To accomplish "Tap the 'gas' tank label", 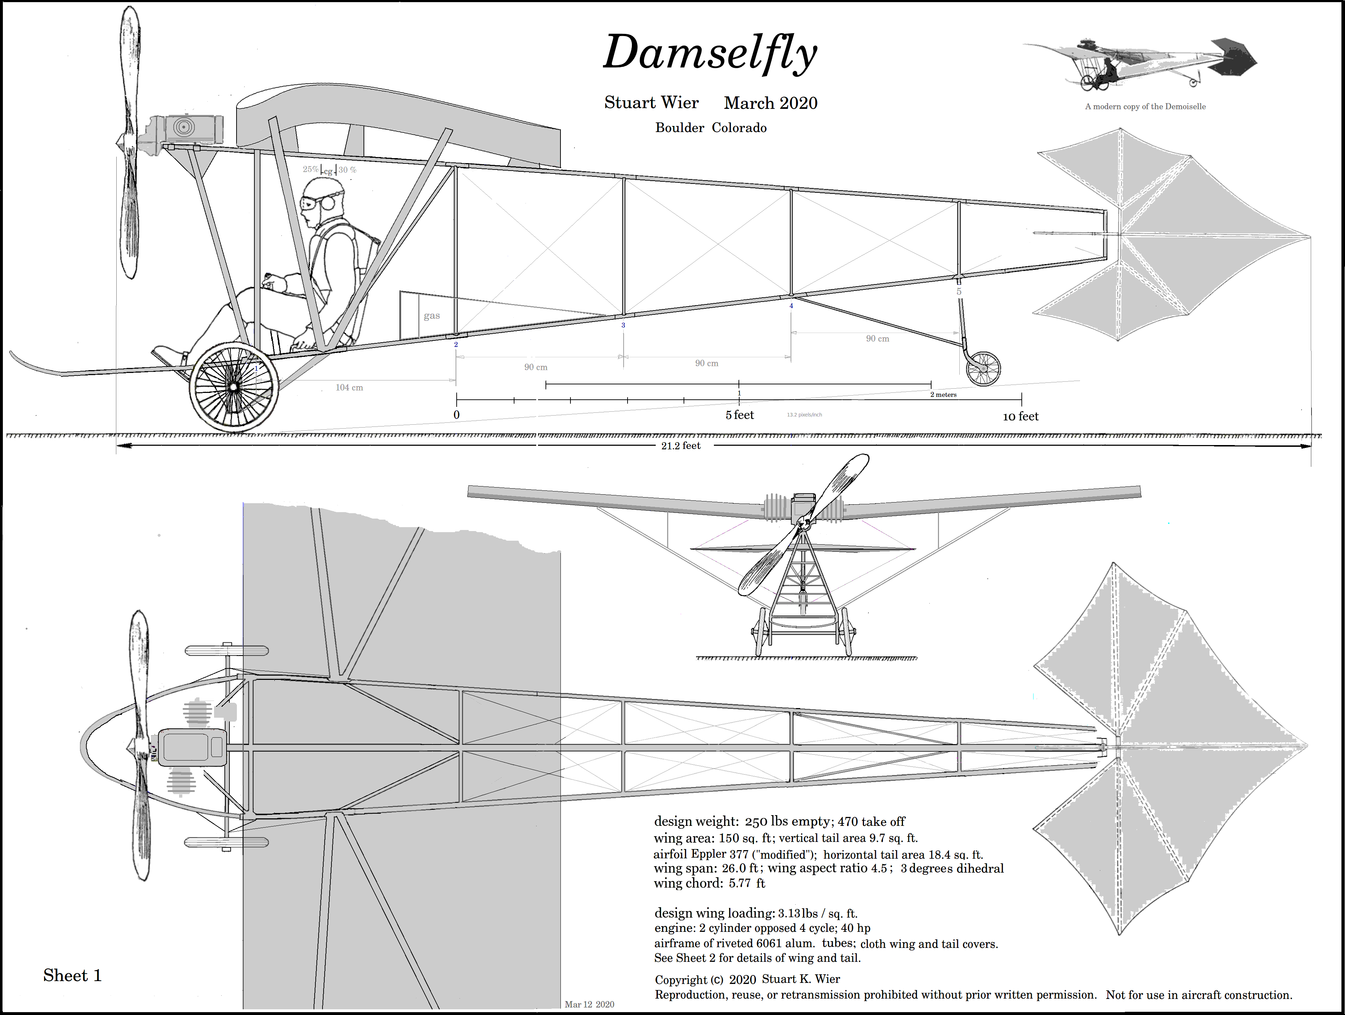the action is [432, 315].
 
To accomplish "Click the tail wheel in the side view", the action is [983, 369].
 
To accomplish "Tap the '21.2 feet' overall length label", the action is [681, 446].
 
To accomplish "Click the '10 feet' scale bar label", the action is [1020, 416].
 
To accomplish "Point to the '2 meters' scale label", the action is [943, 395].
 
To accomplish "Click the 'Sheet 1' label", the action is [72, 975].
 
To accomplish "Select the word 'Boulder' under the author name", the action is [679, 128].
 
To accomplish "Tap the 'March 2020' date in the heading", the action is [770, 103].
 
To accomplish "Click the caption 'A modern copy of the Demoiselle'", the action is [1145, 106].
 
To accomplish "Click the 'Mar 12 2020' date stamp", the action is [589, 1004].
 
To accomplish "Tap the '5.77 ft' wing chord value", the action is [747, 883].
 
